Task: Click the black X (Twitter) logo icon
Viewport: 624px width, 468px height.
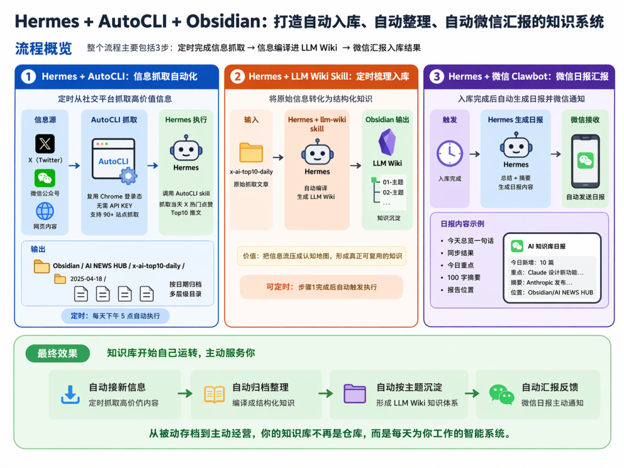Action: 45,144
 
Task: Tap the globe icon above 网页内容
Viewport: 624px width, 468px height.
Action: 45,211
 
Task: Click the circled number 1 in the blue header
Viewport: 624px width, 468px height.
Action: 29,76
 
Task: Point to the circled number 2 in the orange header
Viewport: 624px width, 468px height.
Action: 237,76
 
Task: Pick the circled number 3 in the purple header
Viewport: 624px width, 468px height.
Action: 437,76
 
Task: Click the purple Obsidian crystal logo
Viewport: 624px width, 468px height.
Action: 387,143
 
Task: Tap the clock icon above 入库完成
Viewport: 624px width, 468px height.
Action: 450,154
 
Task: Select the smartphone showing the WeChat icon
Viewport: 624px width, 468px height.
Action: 585,161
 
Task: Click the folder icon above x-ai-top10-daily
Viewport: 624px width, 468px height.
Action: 251,153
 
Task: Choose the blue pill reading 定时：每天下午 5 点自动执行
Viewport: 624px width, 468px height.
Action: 116,316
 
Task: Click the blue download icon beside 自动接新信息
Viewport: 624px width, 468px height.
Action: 70,395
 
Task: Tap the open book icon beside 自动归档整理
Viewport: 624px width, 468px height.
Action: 214,395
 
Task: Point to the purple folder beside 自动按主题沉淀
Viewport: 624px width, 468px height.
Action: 355,393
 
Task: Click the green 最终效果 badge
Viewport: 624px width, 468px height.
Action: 58,354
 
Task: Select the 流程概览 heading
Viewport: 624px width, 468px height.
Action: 43,49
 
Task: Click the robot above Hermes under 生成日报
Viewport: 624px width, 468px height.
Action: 516,146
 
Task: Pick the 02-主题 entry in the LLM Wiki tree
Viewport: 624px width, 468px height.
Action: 393,192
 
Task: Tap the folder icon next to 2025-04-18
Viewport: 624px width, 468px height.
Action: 60,279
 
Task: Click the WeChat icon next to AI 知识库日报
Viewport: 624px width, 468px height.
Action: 517,246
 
